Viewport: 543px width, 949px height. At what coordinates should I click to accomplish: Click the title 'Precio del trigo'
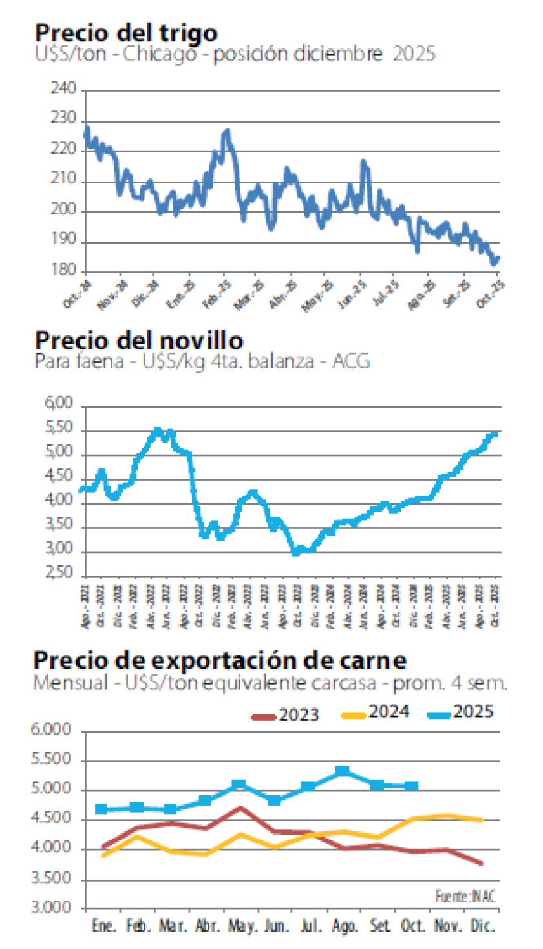click(x=126, y=32)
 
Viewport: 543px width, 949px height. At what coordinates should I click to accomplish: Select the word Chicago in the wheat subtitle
click(x=156, y=53)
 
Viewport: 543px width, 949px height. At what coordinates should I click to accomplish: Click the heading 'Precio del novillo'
click(x=139, y=340)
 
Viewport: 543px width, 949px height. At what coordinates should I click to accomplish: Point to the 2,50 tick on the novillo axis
click(x=61, y=574)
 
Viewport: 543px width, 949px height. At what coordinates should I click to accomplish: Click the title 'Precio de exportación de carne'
click(x=220, y=661)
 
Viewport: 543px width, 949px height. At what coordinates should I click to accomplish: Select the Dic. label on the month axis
click(x=482, y=926)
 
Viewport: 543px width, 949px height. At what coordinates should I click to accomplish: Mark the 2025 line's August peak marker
click(x=343, y=771)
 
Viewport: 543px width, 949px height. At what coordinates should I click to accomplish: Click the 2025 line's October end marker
click(x=412, y=786)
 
